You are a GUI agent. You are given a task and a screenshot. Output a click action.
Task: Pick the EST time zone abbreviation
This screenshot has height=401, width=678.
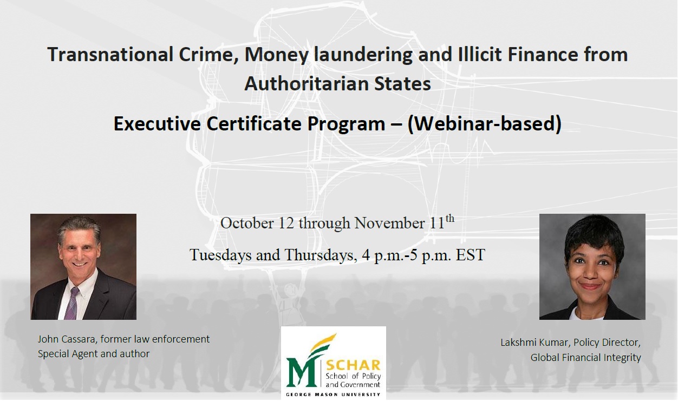(471, 255)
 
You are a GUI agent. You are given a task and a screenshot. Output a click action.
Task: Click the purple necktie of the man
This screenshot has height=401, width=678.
(71, 303)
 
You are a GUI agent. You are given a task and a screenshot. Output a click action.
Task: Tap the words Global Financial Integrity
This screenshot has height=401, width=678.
(585, 357)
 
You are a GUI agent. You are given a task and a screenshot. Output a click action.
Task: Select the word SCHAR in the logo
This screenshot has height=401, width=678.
(353, 365)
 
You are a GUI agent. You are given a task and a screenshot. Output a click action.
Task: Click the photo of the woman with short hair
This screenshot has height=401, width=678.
(592, 266)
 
